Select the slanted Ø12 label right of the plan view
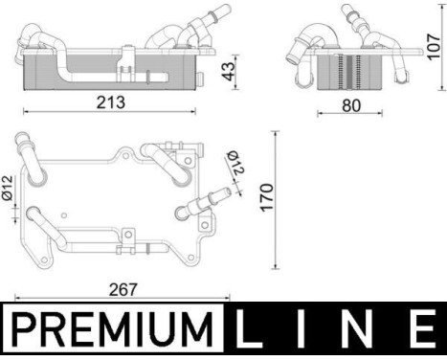pyautogui.click(x=235, y=165)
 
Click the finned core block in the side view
pyautogui.click(x=350, y=72)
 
